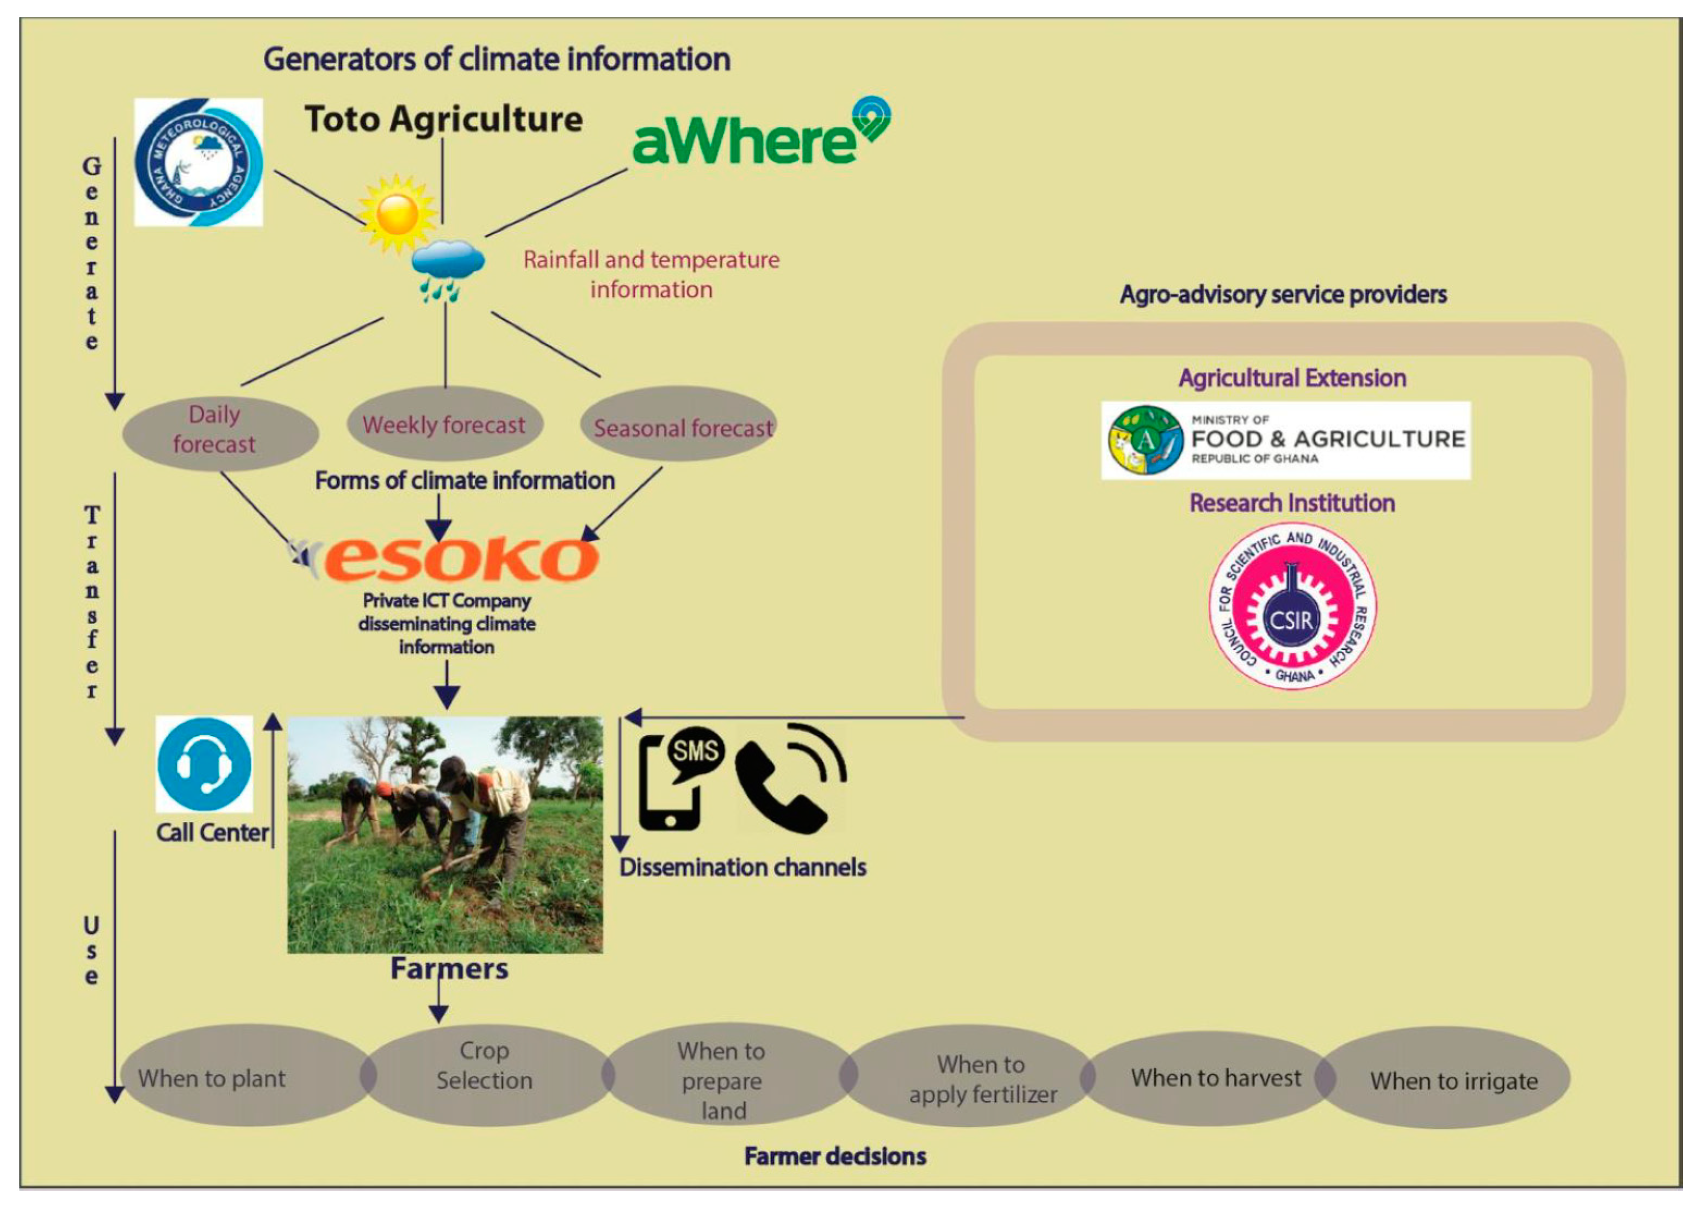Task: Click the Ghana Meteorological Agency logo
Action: click(199, 162)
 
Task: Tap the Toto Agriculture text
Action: click(444, 119)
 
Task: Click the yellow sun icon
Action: click(398, 213)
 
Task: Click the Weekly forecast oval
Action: click(444, 424)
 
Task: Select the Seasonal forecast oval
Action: click(679, 426)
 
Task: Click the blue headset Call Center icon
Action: click(205, 764)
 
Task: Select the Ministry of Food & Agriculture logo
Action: click(1285, 440)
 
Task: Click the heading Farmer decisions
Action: click(835, 1156)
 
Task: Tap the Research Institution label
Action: click(1292, 503)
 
